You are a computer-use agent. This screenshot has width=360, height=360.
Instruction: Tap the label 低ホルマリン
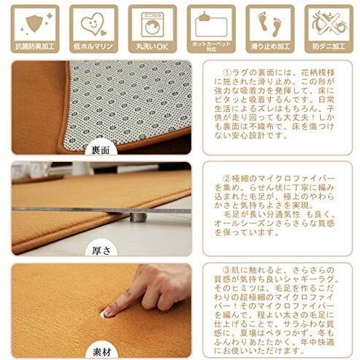[92, 47]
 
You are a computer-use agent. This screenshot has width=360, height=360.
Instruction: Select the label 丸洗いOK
[152, 47]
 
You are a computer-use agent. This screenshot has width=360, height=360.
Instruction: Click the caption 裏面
[101, 151]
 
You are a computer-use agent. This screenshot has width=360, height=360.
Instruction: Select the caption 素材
[101, 352]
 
